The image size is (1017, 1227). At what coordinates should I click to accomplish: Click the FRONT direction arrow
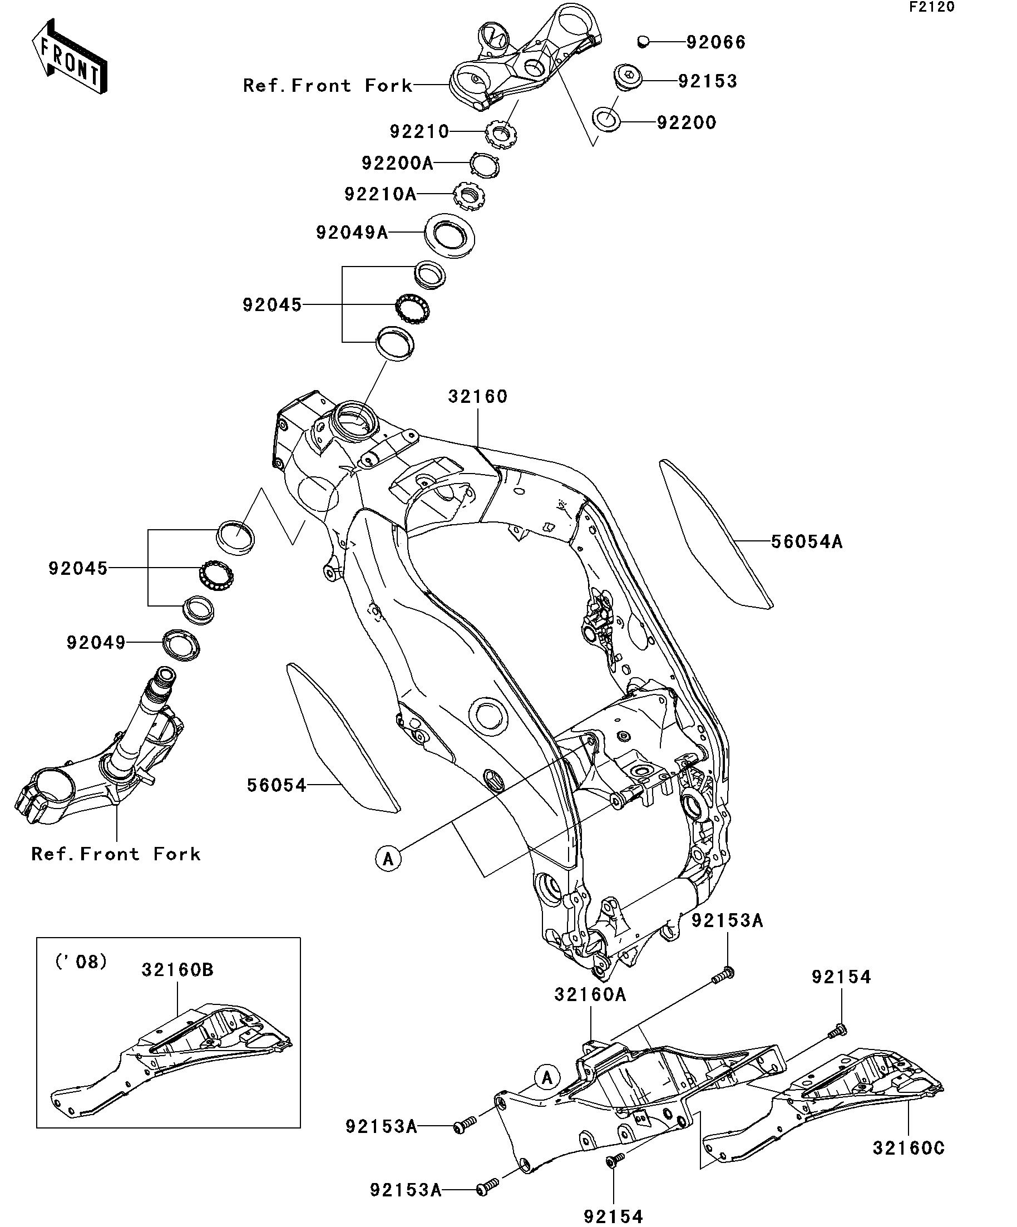tap(70, 57)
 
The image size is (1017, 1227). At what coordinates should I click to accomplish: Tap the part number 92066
tap(715, 43)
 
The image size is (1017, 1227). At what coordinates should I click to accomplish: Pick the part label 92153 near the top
tap(708, 81)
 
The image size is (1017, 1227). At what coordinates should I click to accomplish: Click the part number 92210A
tap(381, 194)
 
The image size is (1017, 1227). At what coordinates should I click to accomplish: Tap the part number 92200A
tap(397, 163)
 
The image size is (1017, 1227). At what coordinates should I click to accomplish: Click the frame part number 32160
tap(478, 397)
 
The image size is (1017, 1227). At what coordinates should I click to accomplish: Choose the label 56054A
tap(807, 542)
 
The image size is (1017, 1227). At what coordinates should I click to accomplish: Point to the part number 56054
tap(277, 785)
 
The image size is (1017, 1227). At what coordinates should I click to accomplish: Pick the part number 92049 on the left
tap(96, 643)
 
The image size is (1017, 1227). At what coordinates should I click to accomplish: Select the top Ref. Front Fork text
tap(328, 86)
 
